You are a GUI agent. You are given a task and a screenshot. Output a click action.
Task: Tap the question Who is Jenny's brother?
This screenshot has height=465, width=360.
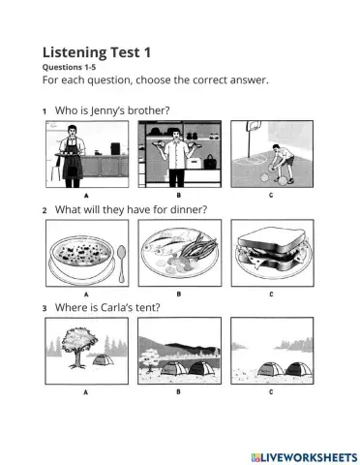point(112,111)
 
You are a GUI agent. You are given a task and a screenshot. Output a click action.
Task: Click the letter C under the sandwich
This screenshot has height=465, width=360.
point(271,293)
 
